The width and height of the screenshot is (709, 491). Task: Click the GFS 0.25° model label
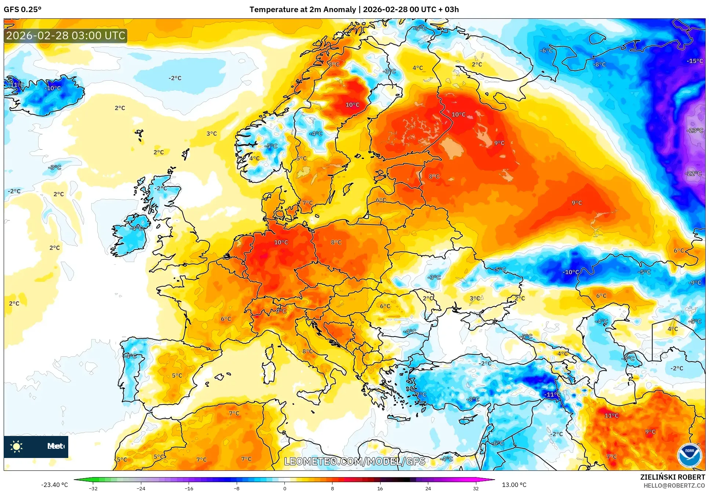[22, 10]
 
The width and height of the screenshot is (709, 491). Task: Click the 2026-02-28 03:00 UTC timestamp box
[66, 36]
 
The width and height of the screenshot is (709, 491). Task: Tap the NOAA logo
[689, 455]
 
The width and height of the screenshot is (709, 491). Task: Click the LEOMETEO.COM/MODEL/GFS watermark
[354, 461]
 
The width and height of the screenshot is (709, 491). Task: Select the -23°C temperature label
[695, 130]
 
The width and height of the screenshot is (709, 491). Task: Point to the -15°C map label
[695, 61]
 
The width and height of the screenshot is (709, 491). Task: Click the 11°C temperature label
[611, 415]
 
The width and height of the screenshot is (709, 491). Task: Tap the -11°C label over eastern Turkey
[552, 394]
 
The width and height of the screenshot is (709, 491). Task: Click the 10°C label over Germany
[281, 242]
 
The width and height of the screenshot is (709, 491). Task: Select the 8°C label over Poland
[336, 242]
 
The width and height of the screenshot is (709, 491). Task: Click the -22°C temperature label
[693, 173]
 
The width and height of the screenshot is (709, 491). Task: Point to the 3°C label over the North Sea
[211, 134]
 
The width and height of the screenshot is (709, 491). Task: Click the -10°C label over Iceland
[53, 88]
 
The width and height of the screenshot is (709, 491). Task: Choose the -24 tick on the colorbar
[141, 488]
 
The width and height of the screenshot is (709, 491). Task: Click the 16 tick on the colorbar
[380, 488]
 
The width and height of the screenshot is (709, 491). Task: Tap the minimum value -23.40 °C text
[54, 485]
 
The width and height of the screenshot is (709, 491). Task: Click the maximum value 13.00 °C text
[514, 485]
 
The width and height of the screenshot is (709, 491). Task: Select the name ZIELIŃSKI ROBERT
[672, 477]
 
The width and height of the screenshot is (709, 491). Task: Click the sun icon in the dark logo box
[17, 446]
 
